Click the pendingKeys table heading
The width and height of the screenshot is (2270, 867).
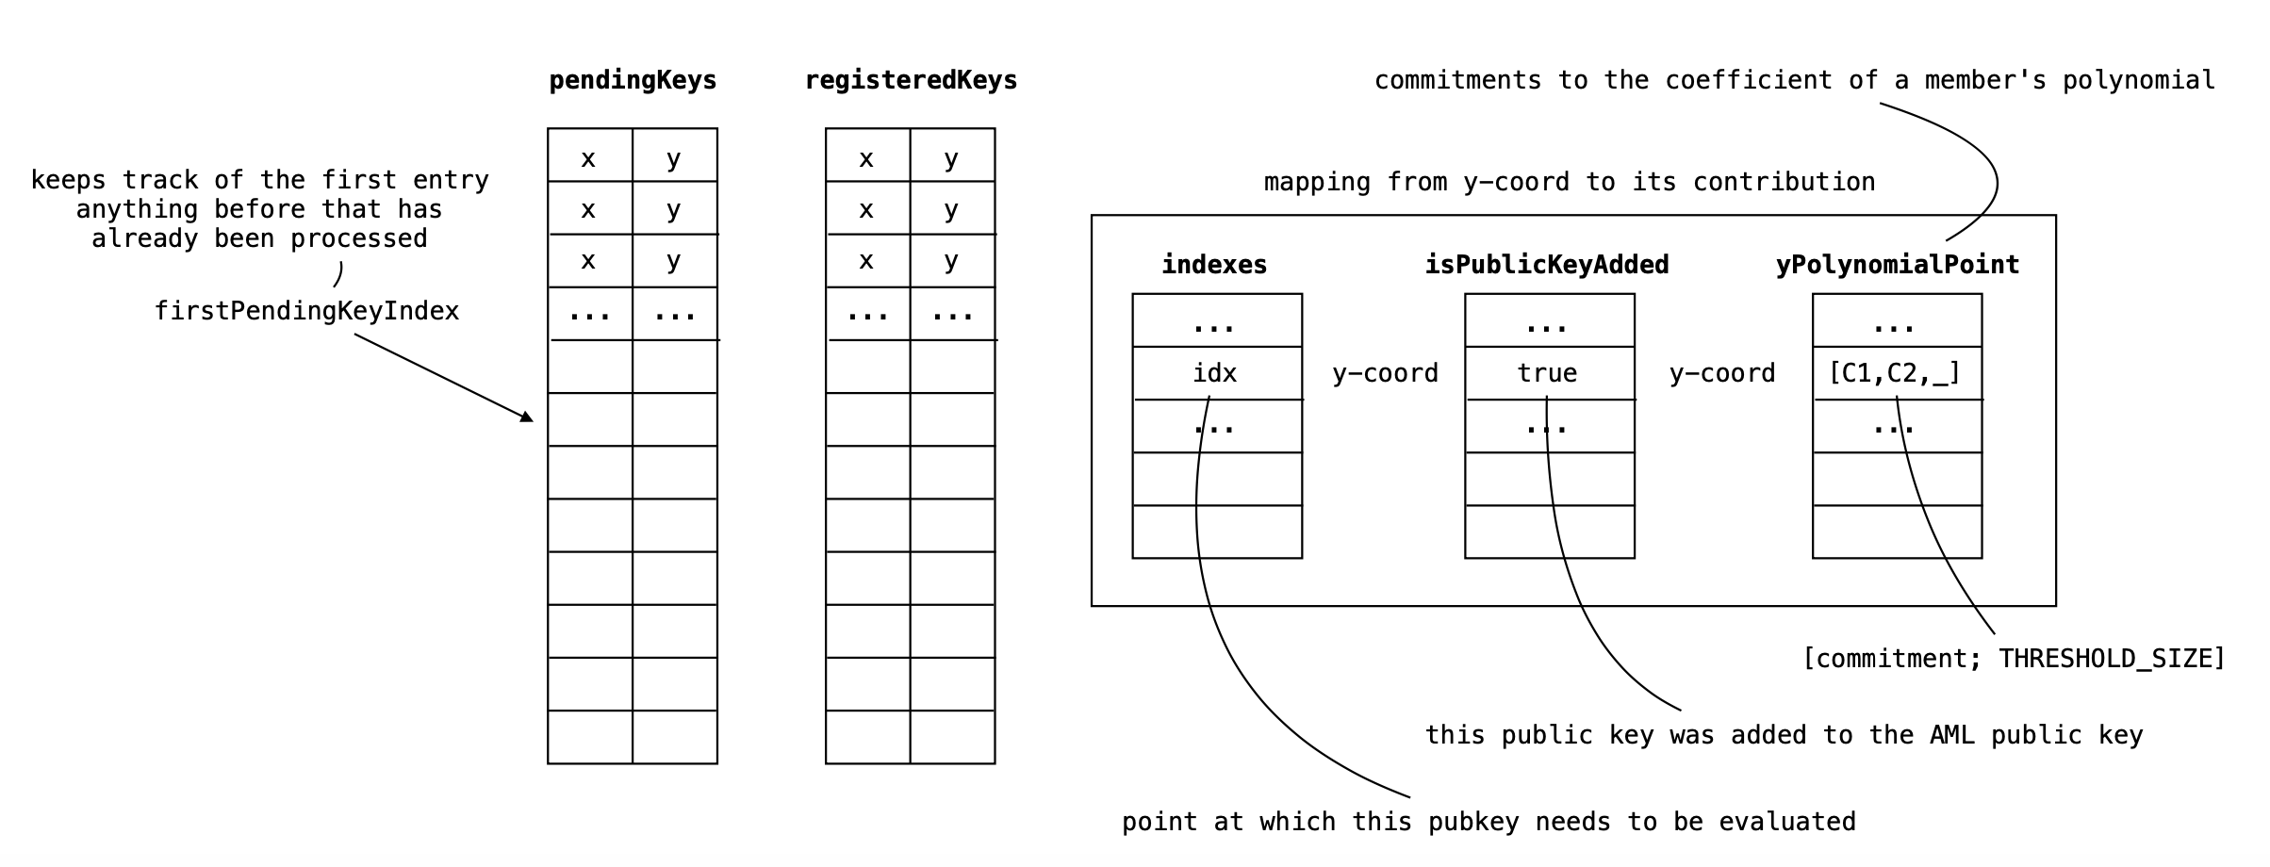[x=633, y=81]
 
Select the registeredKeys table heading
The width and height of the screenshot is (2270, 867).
[x=911, y=81]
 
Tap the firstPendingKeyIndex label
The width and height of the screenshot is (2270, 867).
[x=306, y=311]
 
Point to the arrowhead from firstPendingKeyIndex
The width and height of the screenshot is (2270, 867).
[x=527, y=417]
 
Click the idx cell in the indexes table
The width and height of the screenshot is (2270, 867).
[x=1215, y=373]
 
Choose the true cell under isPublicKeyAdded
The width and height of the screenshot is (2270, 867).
[x=1547, y=373]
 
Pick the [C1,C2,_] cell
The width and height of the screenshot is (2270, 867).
[x=1895, y=373]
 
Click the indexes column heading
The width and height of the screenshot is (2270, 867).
[x=1214, y=265]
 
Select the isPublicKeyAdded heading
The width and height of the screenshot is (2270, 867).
[x=1546, y=265]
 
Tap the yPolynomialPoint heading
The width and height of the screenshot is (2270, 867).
[x=1897, y=265]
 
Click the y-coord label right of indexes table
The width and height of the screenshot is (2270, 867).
[x=1385, y=373]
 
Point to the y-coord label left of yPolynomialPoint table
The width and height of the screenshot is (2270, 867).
[x=1722, y=373]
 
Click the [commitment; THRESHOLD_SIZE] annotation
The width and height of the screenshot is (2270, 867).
[x=2013, y=658]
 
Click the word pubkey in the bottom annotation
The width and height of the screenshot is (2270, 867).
[x=1473, y=822]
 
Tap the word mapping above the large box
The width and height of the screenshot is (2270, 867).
[x=1317, y=182]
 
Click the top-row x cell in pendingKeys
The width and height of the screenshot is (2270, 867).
[x=588, y=156]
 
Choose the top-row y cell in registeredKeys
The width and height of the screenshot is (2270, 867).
[x=951, y=156]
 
